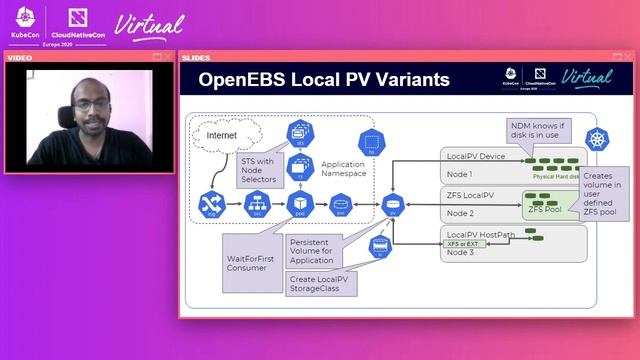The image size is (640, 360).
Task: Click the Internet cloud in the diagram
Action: (x=225, y=133)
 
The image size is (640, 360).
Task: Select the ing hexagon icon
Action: (x=211, y=205)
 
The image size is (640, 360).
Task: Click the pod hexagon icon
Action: (x=299, y=205)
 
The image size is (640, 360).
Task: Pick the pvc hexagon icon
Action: (x=341, y=206)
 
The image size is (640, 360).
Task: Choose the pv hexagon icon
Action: (x=392, y=206)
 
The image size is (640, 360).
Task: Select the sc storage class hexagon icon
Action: (x=379, y=247)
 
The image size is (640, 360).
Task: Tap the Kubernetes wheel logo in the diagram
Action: (x=598, y=139)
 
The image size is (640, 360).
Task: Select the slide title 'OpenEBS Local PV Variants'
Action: (x=325, y=80)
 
